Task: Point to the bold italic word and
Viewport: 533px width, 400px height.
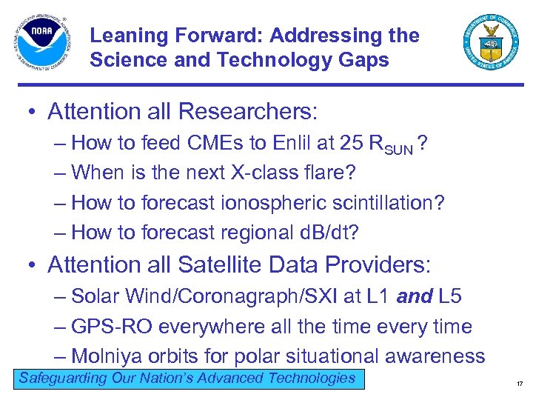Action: pos(415,297)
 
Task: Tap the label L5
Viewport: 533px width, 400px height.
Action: pos(451,297)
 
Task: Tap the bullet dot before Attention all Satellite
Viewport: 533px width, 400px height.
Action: pos(32,265)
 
